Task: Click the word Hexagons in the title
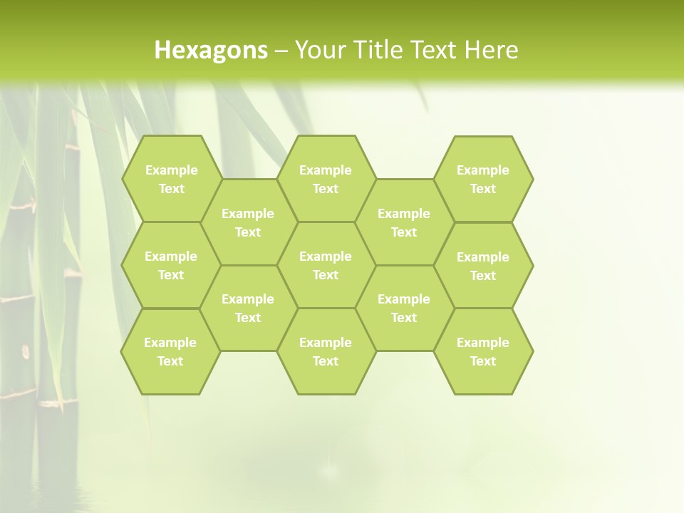(x=211, y=50)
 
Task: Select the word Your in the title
(x=318, y=50)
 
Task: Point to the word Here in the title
(x=491, y=50)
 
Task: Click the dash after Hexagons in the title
(x=281, y=51)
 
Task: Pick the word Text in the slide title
(x=433, y=50)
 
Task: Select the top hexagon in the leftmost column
(x=171, y=179)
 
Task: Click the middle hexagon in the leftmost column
(x=171, y=265)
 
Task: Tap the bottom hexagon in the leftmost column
(x=170, y=351)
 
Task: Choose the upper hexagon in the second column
(x=248, y=222)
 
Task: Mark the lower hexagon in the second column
(x=248, y=308)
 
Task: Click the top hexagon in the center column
(x=326, y=179)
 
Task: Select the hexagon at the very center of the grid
(x=326, y=265)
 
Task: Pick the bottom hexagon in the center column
(x=326, y=351)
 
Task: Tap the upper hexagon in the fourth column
(x=404, y=222)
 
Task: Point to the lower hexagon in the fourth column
(x=404, y=308)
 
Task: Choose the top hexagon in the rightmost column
(x=483, y=179)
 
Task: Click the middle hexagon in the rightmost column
(x=483, y=266)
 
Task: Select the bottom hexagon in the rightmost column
(x=483, y=351)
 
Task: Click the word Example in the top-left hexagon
(x=171, y=170)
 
